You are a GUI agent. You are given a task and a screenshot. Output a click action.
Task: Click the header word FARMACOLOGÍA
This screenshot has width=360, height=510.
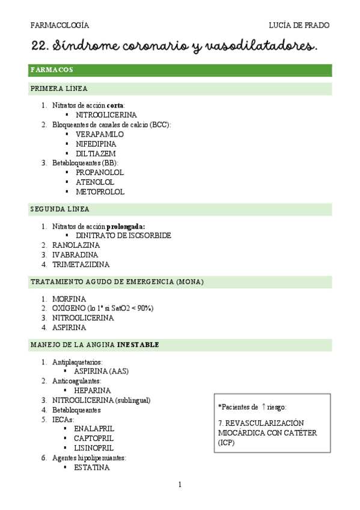(x=59, y=25)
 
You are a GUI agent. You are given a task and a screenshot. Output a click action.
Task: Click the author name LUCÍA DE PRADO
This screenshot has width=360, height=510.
(x=300, y=25)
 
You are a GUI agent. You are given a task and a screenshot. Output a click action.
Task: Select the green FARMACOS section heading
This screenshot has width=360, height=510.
(x=52, y=70)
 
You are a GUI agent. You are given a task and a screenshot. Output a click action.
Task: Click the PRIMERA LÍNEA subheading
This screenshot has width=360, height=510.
(x=59, y=88)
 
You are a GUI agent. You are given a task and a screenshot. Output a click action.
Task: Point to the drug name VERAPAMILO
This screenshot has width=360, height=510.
(x=100, y=134)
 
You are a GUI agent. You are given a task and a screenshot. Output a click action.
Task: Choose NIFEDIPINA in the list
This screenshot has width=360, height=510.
(x=96, y=144)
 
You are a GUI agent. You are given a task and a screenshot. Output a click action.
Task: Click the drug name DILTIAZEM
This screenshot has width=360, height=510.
(x=96, y=153)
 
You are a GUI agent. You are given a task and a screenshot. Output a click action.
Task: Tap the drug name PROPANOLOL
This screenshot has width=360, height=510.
(x=100, y=173)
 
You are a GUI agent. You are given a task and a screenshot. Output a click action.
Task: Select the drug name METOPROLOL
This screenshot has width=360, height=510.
(x=100, y=192)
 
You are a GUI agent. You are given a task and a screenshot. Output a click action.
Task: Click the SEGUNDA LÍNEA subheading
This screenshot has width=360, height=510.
(x=59, y=209)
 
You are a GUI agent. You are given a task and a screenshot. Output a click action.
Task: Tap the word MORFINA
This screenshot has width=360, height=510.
(x=69, y=299)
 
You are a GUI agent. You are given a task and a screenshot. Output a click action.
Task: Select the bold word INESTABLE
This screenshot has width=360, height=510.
(x=138, y=345)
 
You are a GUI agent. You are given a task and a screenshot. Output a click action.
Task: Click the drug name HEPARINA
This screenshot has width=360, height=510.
(x=93, y=390)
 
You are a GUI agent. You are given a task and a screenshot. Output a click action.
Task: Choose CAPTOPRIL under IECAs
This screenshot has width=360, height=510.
(x=94, y=438)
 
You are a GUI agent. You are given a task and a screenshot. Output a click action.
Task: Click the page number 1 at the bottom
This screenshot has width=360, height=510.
(x=180, y=484)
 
